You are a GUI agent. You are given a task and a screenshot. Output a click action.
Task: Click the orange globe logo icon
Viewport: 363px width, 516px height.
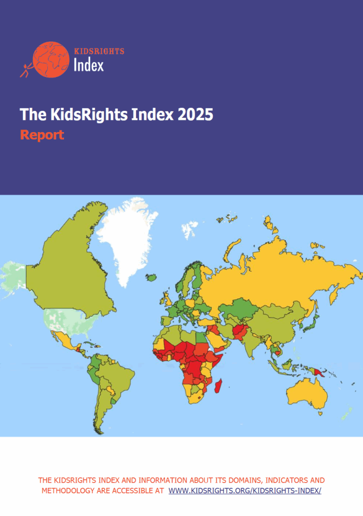pyautogui.click(x=50, y=59)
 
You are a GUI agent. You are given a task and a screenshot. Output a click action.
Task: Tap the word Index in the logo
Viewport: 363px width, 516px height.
pyautogui.click(x=89, y=65)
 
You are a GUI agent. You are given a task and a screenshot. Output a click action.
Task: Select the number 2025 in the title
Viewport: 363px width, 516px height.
pyautogui.click(x=195, y=115)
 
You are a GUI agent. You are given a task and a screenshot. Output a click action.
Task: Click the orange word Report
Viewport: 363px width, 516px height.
pyautogui.click(x=42, y=135)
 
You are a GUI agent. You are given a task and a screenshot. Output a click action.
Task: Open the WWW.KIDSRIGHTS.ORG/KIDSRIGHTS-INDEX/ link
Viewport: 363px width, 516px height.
pyautogui.click(x=245, y=490)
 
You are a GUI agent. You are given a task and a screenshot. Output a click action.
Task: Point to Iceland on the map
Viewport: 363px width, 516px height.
pyautogui.click(x=152, y=277)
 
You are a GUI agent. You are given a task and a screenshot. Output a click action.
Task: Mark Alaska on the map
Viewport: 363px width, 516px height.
pyautogui.click(x=13, y=277)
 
